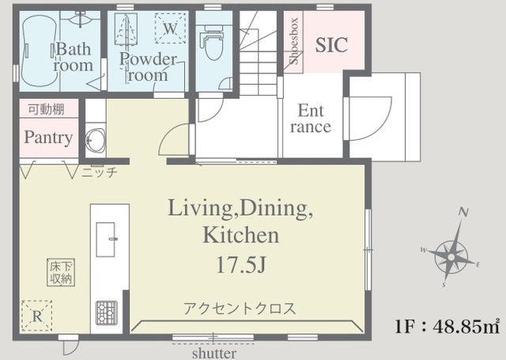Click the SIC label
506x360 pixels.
[331, 45]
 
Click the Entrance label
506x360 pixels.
[310, 119]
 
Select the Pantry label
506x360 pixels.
[48, 138]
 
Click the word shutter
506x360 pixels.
[213, 352]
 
